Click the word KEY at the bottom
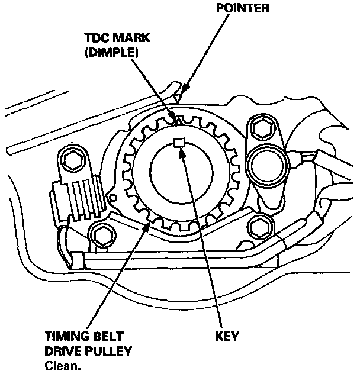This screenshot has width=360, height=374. tap(227, 336)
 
